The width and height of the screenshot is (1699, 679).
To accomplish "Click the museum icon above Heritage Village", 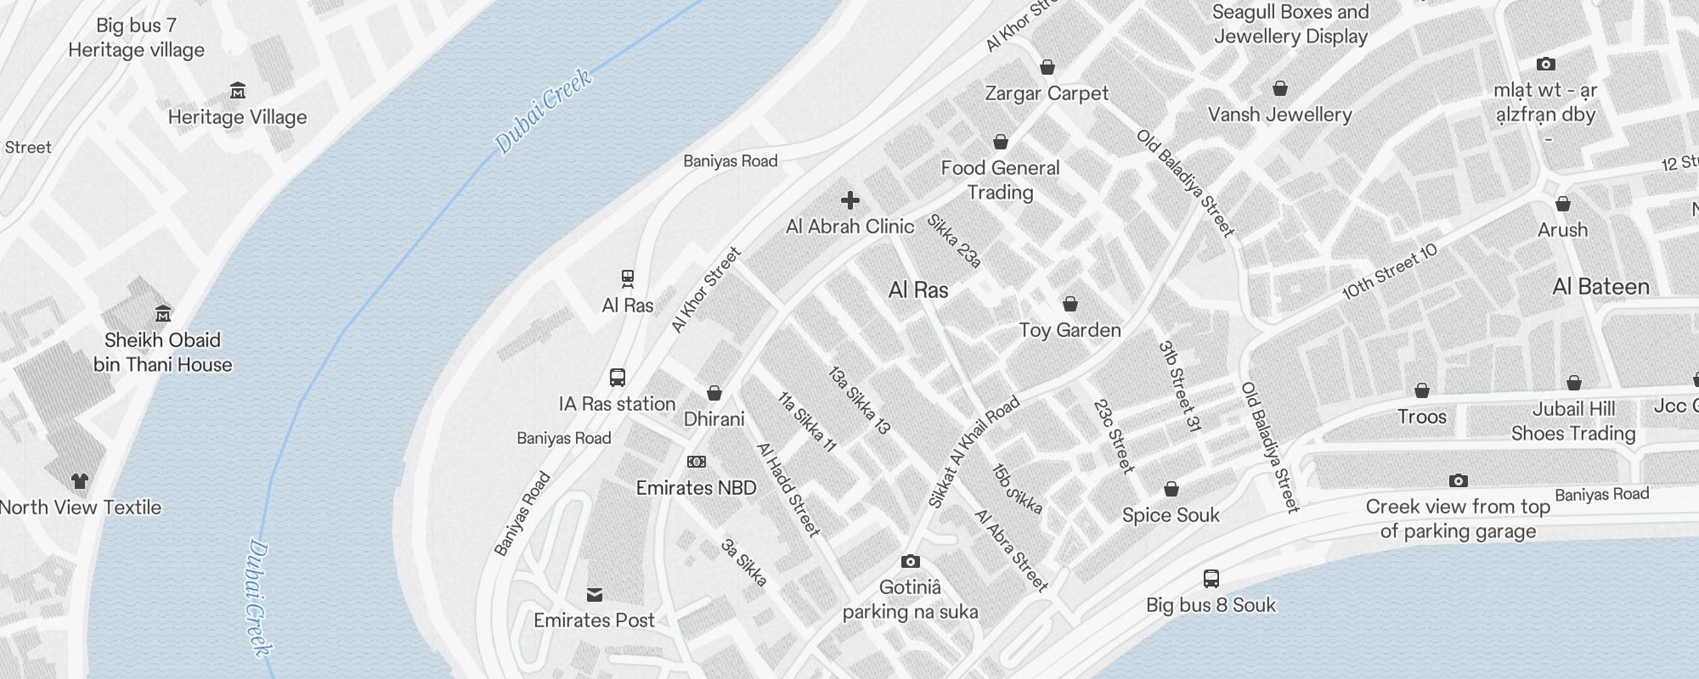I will (x=238, y=91).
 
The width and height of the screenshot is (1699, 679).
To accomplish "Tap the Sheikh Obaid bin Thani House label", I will (x=162, y=352).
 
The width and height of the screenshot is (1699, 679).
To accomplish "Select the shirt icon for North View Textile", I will (x=80, y=481).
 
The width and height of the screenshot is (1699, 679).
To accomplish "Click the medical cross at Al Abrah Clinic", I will (x=849, y=200).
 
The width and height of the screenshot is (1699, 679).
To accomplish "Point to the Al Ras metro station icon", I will (x=628, y=279).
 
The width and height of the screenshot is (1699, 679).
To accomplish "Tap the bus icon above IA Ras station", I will (x=618, y=378).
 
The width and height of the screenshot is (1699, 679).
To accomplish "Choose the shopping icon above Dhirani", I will (x=714, y=393).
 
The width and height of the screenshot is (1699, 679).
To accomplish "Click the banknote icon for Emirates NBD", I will (x=696, y=462).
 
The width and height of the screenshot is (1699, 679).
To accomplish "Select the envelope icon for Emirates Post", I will (x=595, y=594).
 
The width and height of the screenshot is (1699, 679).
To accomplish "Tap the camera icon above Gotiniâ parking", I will (x=910, y=561).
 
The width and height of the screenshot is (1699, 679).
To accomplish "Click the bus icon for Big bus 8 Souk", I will (x=1211, y=579).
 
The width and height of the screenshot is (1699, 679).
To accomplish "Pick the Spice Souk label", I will (x=1171, y=515).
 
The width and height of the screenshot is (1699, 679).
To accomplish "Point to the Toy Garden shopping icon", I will (x=1070, y=304).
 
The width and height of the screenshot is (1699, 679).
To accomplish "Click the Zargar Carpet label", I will (x=1047, y=93).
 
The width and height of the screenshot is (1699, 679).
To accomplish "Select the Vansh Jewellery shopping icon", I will (x=1280, y=88).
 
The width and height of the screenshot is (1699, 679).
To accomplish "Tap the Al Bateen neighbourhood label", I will (x=1600, y=287).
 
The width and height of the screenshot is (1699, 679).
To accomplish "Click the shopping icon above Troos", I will (x=1422, y=390).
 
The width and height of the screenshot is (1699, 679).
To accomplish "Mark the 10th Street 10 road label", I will (x=1390, y=272).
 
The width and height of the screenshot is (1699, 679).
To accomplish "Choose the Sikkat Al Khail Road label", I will (x=974, y=453).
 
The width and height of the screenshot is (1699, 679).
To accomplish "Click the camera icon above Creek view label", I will (x=1459, y=481).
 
